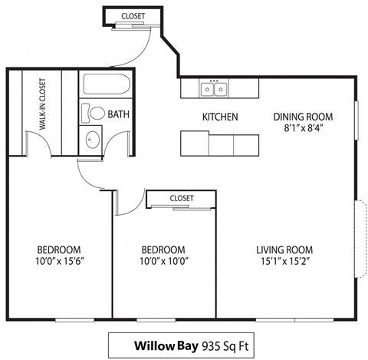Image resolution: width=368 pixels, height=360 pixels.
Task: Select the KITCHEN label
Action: tap(219, 117)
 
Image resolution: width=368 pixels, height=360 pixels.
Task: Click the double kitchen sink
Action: tap(215, 90)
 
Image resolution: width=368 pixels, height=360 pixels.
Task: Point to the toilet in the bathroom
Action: tap(94, 114)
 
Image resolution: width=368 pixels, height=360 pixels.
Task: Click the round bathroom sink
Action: tap(91, 140)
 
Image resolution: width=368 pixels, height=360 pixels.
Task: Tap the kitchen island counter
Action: tap(219, 144)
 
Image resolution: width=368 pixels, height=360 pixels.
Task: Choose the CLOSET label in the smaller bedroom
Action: tap(181, 198)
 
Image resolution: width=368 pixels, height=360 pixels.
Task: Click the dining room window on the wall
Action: tap(356, 120)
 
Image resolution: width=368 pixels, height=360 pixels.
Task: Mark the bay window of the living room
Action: tap(358, 239)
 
